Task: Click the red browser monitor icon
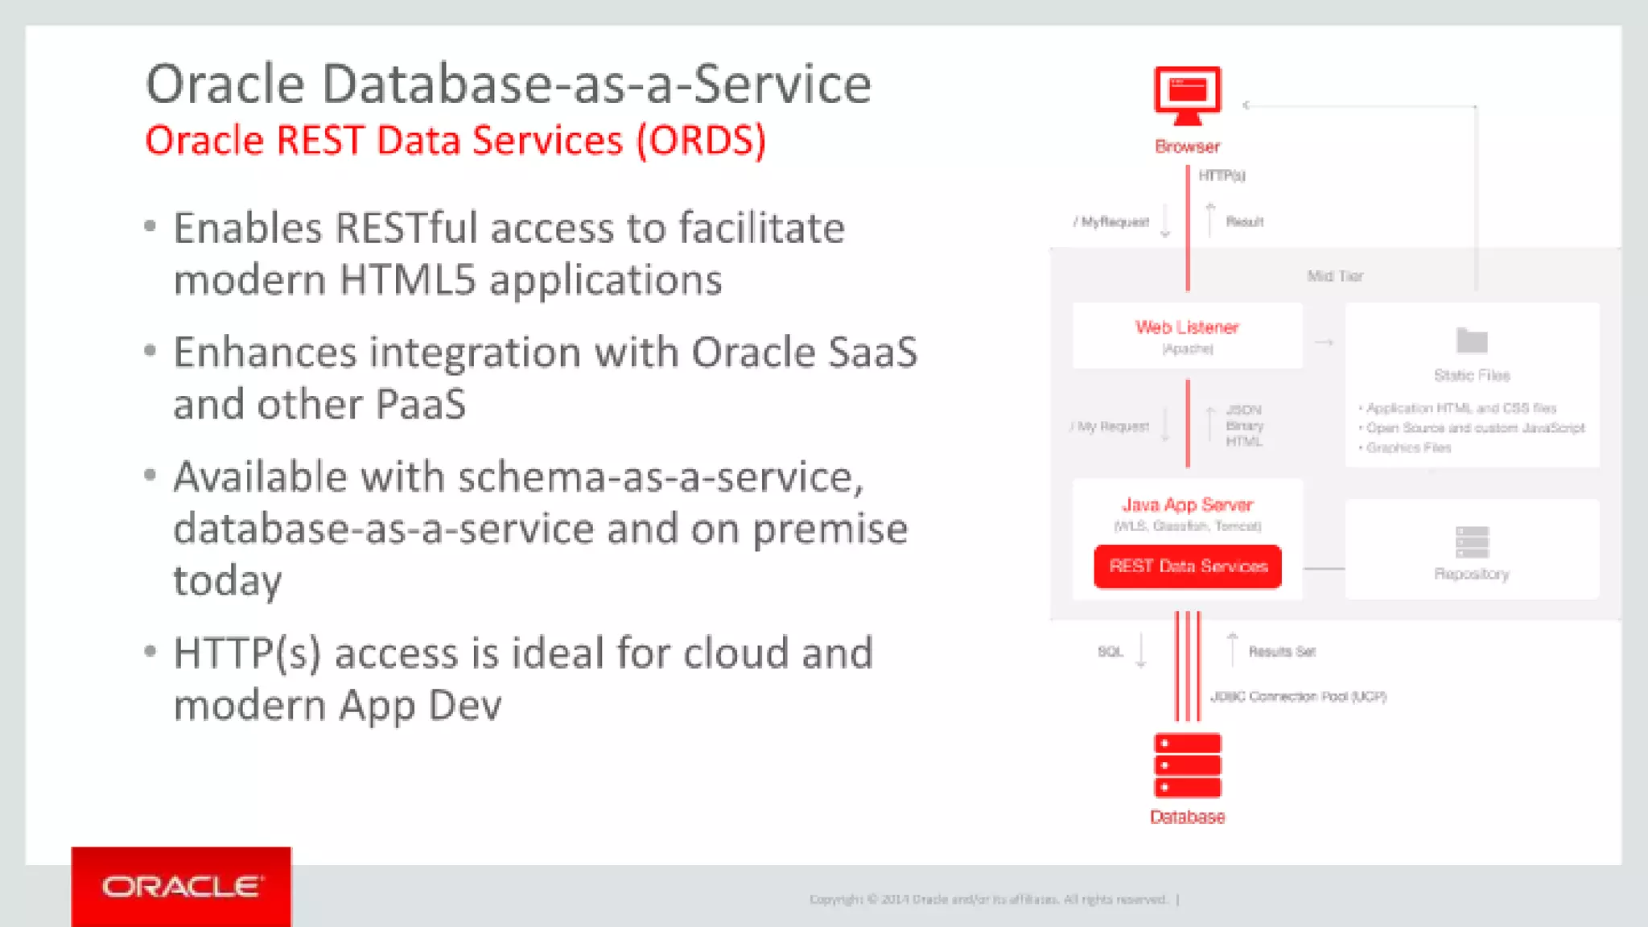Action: click(1187, 95)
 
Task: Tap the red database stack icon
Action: click(1187, 765)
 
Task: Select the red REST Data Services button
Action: click(1188, 566)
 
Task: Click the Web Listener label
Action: click(1187, 328)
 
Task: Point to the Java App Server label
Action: click(1187, 505)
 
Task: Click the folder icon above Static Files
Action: click(1472, 341)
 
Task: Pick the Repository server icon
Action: click(1472, 542)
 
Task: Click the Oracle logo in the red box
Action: click(181, 887)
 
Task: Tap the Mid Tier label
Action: click(1335, 276)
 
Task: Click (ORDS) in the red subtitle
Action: click(701, 141)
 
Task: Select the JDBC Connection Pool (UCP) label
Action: click(1298, 696)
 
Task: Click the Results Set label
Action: click(1282, 651)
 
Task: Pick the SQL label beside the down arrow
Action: click(1110, 651)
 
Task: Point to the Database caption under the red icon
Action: click(1187, 817)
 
